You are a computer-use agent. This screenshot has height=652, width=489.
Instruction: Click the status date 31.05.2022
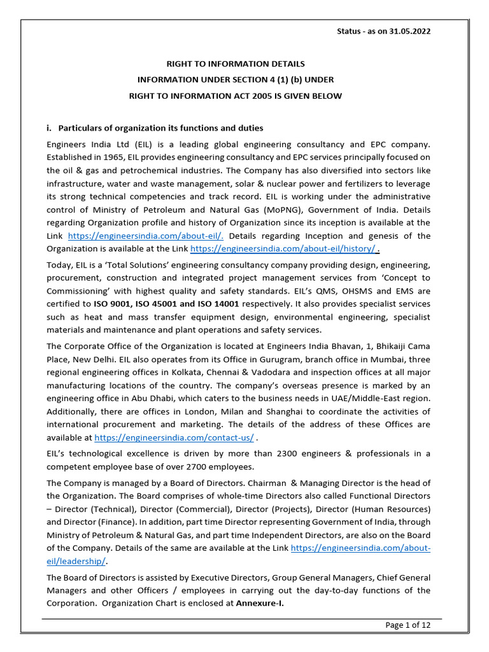409,32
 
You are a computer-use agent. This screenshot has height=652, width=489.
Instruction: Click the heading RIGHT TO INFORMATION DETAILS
236,64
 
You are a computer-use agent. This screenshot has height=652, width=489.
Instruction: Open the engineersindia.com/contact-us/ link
174,438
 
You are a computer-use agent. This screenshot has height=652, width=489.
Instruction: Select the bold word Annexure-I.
259,604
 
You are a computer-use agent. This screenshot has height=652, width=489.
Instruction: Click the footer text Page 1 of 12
408,625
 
